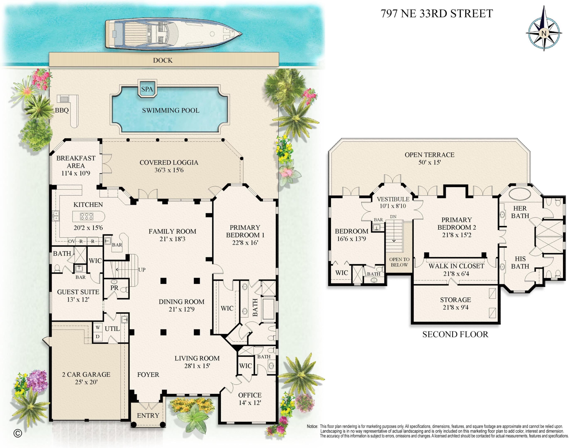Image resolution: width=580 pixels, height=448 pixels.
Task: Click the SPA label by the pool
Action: (x=147, y=89)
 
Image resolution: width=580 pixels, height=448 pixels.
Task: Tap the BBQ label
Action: (x=62, y=110)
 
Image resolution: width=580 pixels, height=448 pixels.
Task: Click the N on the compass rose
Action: (x=544, y=33)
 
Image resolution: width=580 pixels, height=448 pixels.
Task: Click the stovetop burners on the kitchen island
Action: (x=87, y=217)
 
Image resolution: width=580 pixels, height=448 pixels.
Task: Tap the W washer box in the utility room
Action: (x=98, y=327)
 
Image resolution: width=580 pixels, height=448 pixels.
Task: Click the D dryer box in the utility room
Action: (x=98, y=337)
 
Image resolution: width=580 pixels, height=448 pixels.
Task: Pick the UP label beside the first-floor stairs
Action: (x=142, y=270)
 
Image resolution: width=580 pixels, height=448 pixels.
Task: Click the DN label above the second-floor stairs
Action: (x=393, y=217)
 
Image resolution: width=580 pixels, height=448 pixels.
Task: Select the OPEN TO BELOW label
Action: (x=399, y=262)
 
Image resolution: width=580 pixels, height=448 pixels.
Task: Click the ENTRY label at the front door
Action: (x=148, y=415)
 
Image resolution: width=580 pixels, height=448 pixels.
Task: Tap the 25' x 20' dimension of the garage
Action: (x=86, y=382)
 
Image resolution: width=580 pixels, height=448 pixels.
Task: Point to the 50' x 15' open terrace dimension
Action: (x=429, y=162)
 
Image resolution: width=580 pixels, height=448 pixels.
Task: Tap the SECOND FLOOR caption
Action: (x=455, y=334)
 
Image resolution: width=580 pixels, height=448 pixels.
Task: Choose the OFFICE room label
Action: (x=250, y=395)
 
